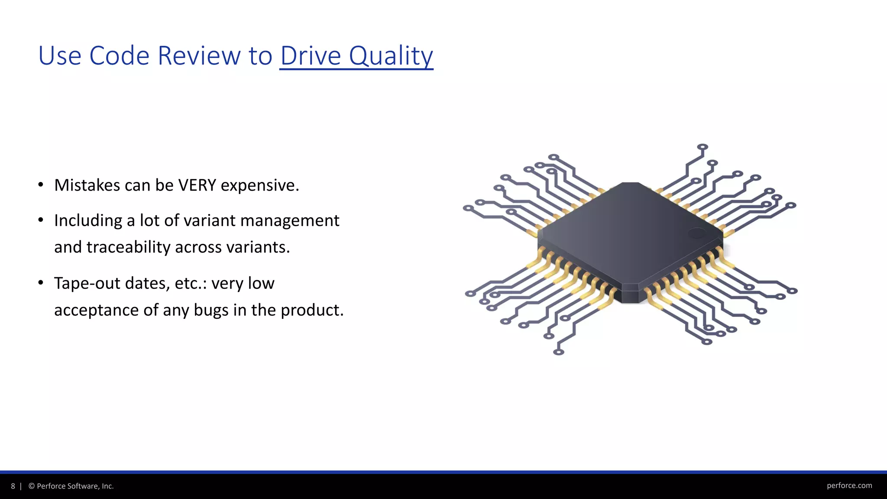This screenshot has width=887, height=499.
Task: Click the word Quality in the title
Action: click(391, 56)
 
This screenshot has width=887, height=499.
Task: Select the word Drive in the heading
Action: click(311, 56)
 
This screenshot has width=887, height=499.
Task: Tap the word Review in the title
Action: click(199, 56)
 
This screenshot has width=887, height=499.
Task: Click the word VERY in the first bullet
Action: click(197, 185)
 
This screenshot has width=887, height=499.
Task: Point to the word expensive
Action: click(260, 185)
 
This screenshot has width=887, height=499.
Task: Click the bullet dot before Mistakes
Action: click(41, 185)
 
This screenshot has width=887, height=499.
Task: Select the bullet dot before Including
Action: click(41, 220)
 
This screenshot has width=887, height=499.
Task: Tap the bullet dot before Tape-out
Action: click(41, 283)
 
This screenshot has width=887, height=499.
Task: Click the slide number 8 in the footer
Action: click(13, 486)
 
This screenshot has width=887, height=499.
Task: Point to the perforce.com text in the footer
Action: click(849, 486)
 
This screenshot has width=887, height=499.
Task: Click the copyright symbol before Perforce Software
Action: click(32, 486)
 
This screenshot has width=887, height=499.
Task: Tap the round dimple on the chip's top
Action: click(696, 233)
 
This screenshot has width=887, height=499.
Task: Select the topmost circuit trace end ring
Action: click(702, 147)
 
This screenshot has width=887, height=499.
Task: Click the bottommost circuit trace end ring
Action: click(559, 352)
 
